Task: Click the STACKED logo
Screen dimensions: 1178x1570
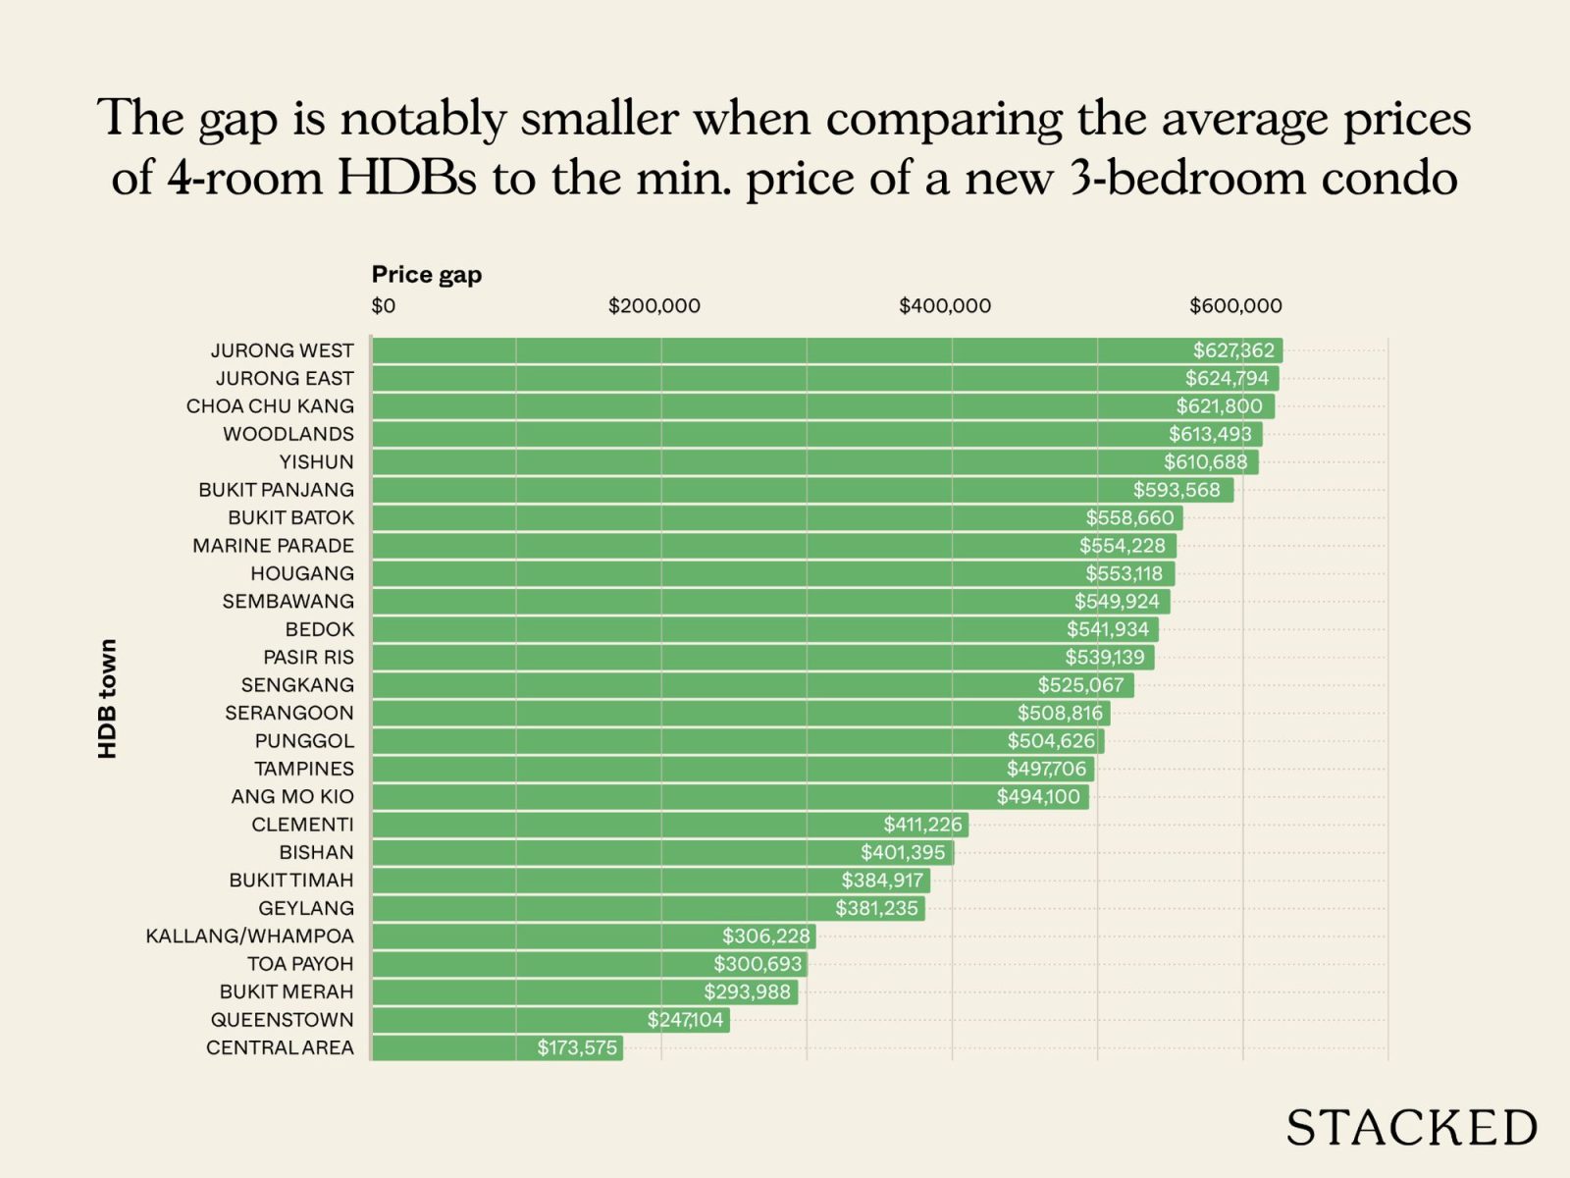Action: tap(1411, 1128)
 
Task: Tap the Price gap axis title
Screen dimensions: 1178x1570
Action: tap(426, 275)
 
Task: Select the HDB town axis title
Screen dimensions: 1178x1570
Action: tap(107, 698)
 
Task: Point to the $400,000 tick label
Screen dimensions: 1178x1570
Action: tap(944, 306)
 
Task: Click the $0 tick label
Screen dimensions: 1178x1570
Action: tap(383, 306)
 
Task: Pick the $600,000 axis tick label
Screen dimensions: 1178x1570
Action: tap(1234, 306)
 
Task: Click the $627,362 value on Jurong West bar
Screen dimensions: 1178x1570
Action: tap(1232, 350)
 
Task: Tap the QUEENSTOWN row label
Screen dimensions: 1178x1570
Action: tap(282, 1020)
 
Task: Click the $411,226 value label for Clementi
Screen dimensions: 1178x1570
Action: tap(922, 825)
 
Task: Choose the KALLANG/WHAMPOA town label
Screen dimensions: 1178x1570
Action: tap(249, 937)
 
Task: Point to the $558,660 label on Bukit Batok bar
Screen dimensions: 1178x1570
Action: tap(1128, 518)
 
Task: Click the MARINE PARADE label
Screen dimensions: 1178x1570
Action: tap(273, 546)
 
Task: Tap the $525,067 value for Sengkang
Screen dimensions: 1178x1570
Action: tap(1080, 685)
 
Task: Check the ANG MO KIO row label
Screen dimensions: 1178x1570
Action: tap(292, 797)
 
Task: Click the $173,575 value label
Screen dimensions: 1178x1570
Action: tap(577, 1047)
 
